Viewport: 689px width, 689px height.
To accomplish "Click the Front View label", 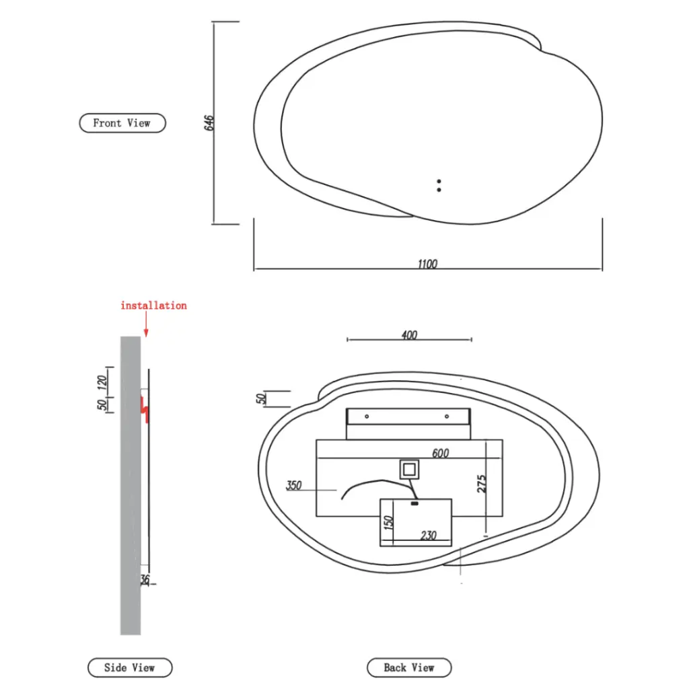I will pos(122,123).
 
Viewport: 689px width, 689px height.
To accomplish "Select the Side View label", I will pos(130,667).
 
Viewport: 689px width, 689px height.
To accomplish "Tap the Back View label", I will pos(409,667).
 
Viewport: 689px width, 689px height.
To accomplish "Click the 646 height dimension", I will pos(209,122).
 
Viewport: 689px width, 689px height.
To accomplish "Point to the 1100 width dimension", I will pos(427,264).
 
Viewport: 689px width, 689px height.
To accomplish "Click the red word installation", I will pos(153,305).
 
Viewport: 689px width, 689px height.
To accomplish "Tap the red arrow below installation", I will pos(146,326).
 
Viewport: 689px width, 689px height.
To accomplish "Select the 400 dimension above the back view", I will pos(409,335).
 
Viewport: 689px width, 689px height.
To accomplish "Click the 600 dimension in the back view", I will pos(441,454).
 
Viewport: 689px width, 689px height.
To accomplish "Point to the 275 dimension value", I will pos(482,484).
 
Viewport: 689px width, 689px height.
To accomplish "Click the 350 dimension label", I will pos(294,485).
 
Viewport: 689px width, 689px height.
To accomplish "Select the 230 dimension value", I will pos(429,536).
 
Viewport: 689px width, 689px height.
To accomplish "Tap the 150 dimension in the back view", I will pos(388,523).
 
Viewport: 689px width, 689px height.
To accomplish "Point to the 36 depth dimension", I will pos(145,579).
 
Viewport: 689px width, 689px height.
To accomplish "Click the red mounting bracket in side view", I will pos(145,408).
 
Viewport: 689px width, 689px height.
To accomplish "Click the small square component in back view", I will pos(408,468).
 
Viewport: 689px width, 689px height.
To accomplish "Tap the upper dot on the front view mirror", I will pos(439,182).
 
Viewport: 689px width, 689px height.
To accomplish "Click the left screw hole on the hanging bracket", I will pos(367,416).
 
